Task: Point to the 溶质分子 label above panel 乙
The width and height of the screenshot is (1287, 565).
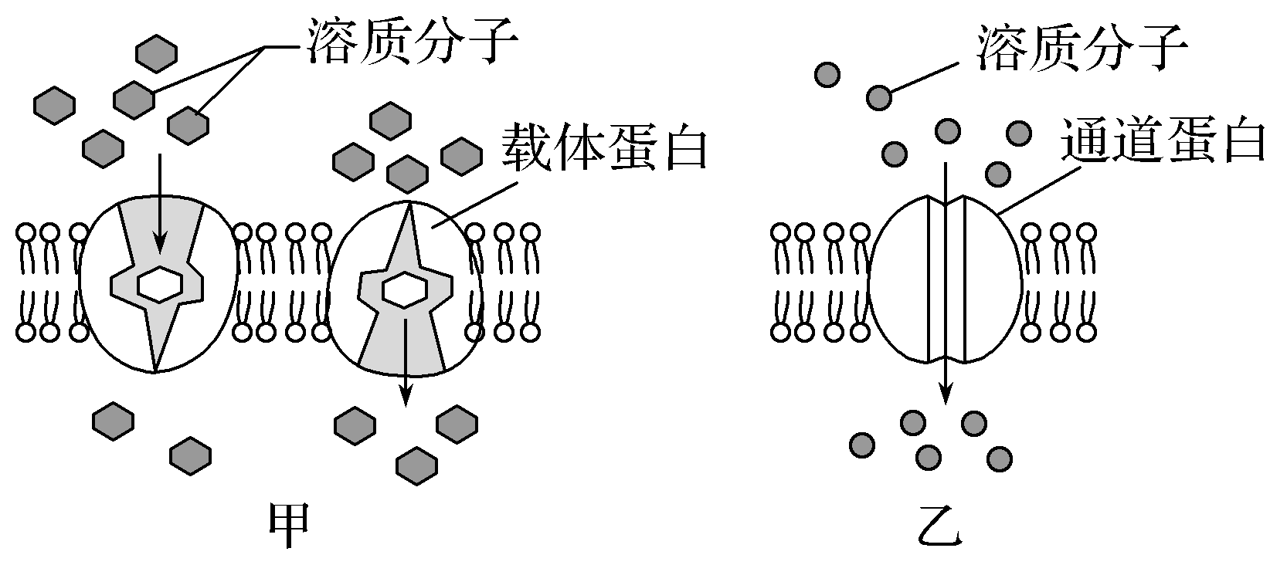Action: click(x=1081, y=47)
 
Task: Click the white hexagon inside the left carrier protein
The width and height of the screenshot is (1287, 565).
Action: click(x=160, y=285)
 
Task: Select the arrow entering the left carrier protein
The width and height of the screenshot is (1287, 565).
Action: click(x=160, y=201)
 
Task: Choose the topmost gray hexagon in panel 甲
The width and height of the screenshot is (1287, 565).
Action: click(x=156, y=53)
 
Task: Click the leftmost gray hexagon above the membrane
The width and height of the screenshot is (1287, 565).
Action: click(x=54, y=105)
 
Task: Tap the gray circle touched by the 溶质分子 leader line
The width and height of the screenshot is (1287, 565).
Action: click(x=879, y=97)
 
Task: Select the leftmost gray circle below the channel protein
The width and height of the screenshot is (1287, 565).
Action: click(x=861, y=445)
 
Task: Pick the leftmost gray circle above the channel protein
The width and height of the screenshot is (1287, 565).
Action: click(x=827, y=74)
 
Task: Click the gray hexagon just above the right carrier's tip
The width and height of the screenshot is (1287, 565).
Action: click(x=407, y=174)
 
